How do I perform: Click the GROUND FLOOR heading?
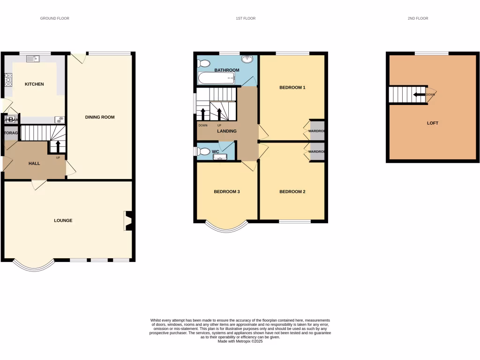(54, 18)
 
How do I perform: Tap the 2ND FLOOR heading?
(418, 18)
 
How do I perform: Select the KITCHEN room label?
(34, 84)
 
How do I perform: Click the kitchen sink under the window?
(33, 59)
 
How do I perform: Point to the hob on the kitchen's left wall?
(8, 80)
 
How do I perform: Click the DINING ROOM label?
(99, 117)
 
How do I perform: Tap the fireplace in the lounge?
(128, 221)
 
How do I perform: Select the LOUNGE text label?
(63, 220)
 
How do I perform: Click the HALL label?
(34, 164)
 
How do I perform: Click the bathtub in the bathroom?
(216, 78)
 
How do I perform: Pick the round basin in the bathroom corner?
(248, 60)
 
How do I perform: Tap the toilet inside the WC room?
(203, 151)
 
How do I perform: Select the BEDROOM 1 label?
(292, 88)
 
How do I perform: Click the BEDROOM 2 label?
(292, 192)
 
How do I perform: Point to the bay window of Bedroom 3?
(227, 228)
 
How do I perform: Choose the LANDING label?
(226, 131)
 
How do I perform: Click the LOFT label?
(432, 123)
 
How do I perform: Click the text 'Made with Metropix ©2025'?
(240, 341)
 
